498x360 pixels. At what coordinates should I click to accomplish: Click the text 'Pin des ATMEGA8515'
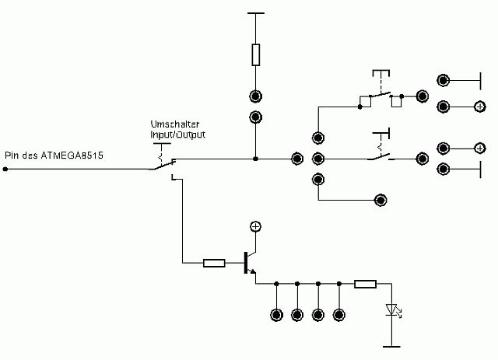[x=54, y=155]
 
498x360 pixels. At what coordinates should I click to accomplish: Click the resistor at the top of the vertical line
[x=255, y=54]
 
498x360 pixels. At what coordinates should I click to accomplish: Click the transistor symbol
[x=248, y=264]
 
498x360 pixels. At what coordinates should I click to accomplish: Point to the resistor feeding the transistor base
[x=214, y=263]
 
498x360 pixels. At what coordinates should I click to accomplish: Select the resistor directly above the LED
[x=366, y=284]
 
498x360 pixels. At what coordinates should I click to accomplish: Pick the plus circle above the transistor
[x=255, y=226]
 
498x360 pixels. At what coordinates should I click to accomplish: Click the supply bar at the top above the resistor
[x=255, y=13]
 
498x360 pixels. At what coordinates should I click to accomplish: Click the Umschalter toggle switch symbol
[x=165, y=162]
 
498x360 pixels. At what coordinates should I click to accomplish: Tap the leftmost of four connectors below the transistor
[x=276, y=315]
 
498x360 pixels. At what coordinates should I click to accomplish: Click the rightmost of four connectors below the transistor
[x=338, y=315]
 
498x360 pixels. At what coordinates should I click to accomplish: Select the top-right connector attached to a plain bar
[x=443, y=80]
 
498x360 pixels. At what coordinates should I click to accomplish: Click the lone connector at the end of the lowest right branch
[x=381, y=200]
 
